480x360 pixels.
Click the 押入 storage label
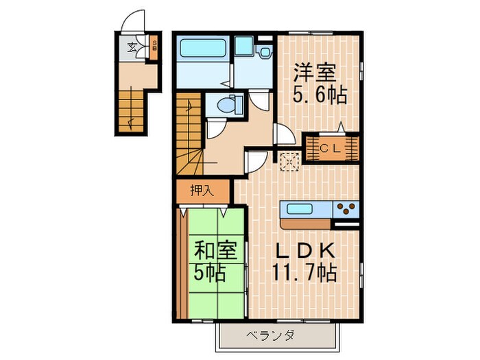point(202,191)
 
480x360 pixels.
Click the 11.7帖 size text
point(306,273)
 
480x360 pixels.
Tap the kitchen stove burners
point(347,207)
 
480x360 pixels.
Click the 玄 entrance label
point(132,48)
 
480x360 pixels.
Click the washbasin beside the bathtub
point(243,47)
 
